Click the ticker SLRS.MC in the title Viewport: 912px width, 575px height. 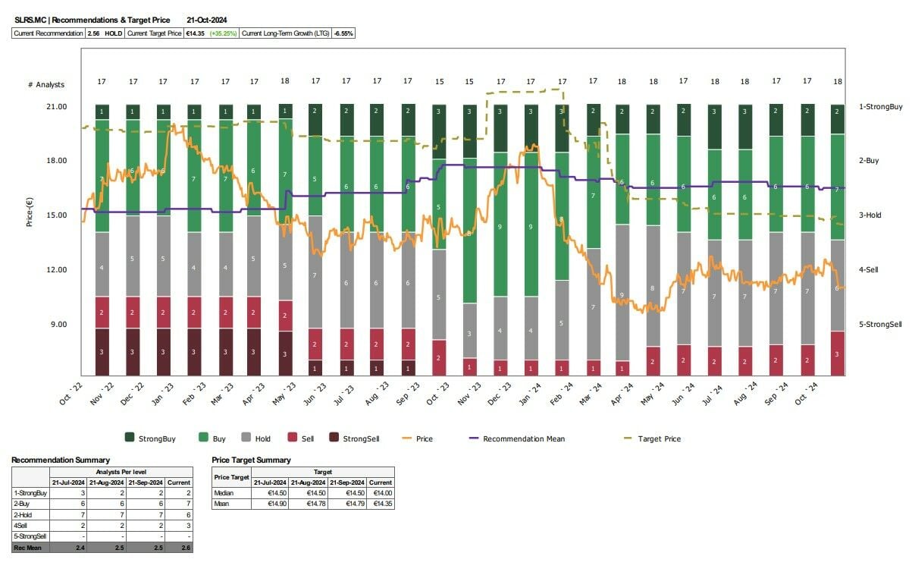tap(30, 20)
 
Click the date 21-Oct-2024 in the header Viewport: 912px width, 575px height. tap(207, 20)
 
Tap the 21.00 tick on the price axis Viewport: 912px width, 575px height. tap(57, 107)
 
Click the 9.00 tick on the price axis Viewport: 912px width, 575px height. tap(59, 325)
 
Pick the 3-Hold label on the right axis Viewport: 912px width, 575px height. tap(870, 215)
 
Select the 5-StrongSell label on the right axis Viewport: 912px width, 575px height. tap(879, 325)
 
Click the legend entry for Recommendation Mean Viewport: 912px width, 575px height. tap(523, 438)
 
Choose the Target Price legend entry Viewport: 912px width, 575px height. tap(658, 438)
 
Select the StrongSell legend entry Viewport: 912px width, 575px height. tap(363, 438)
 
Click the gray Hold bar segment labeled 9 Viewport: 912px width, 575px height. tap(622, 294)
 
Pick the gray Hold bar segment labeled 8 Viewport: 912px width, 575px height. tap(652, 289)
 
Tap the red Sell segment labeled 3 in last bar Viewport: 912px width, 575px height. tap(837, 354)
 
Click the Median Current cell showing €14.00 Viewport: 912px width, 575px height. tap(381, 492)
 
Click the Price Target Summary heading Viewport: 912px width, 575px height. tap(252, 460)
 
